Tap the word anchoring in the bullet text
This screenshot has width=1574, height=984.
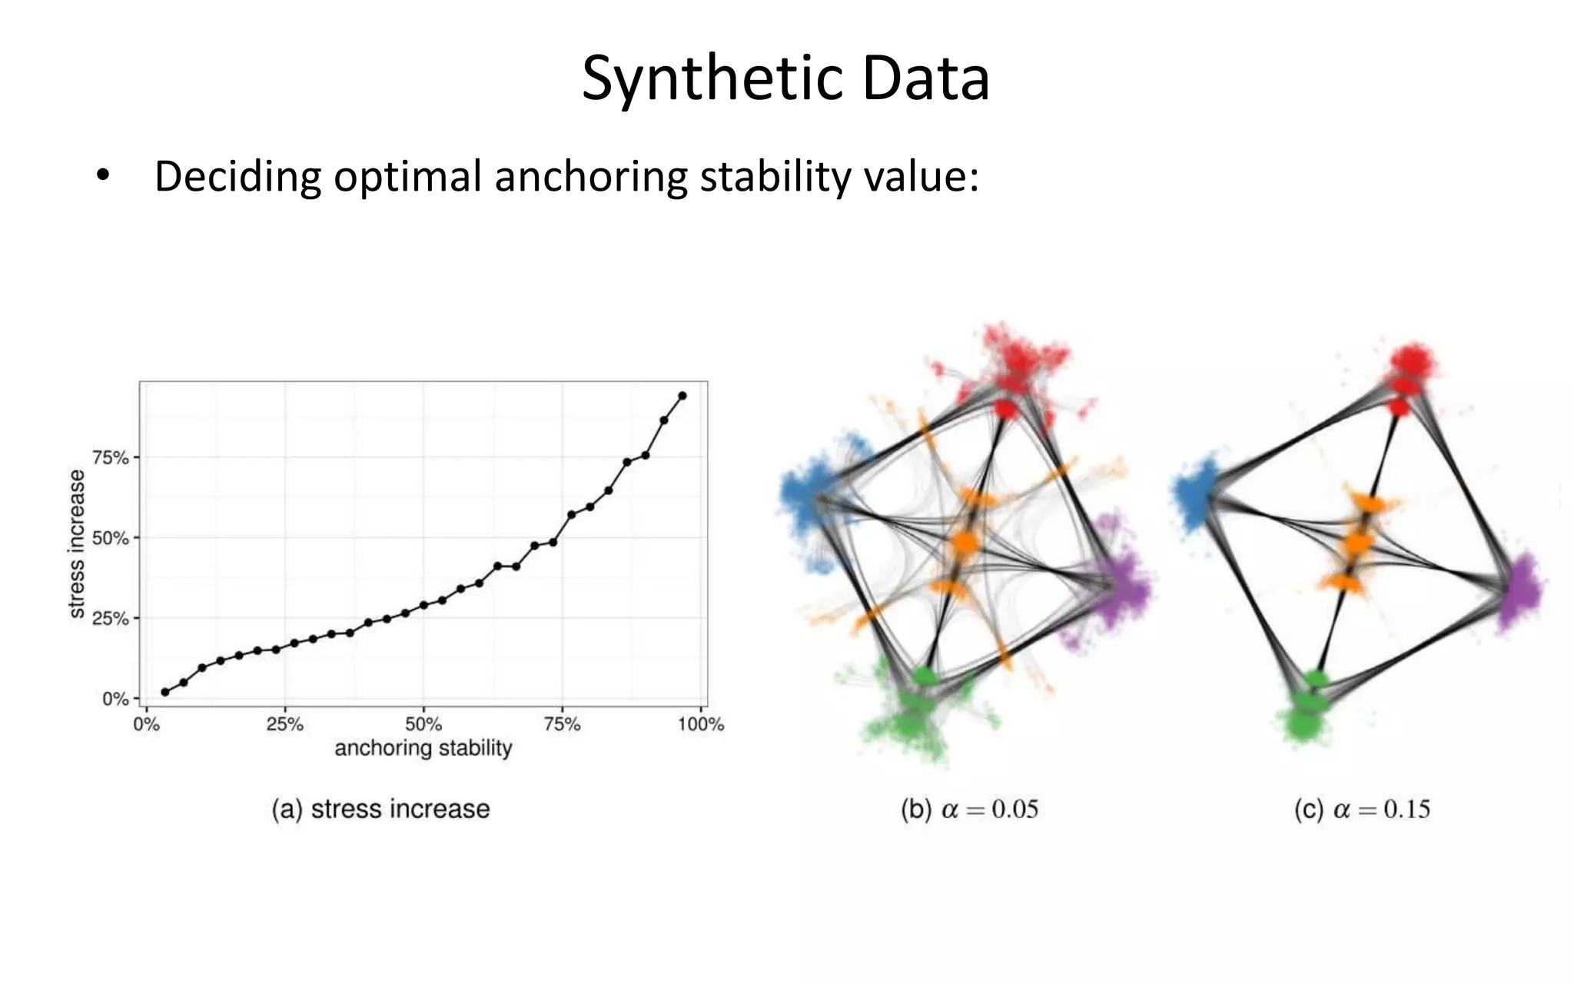pyautogui.click(x=591, y=177)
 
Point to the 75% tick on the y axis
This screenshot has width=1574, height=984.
pyautogui.click(x=111, y=458)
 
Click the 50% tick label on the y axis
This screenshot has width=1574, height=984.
pyautogui.click(x=111, y=538)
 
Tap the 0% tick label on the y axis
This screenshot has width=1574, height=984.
pyautogui.click(x=115, y=699)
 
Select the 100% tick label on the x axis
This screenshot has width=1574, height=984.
pyautogui.click(x=700, y=724)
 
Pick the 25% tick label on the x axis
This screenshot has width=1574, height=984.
pyautogui.click(x=284, y=724)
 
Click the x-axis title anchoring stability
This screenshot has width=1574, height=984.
pyautogui.click(x=423, y=748)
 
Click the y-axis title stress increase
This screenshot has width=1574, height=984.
pyautogui.click(x=76, y=544)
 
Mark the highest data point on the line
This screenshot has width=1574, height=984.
pyautogui.click(x=682, y=396)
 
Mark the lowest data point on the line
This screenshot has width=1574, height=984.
pyautogui.click(x=165, y=692)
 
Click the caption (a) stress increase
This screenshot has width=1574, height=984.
pyautogui.click(x=380, y=809)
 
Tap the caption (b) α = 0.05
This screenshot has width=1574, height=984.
pyautogui.click(x=969, y=809)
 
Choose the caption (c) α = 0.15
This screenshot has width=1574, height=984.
pyautogui.click(x=1362, y=809)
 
